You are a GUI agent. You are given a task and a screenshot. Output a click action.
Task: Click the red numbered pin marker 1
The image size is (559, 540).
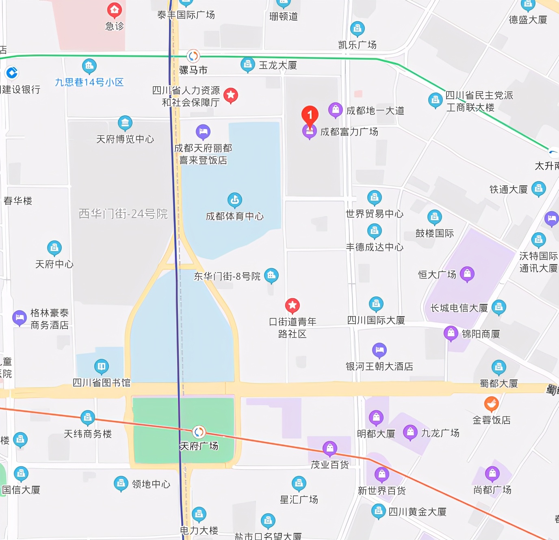point(310,115)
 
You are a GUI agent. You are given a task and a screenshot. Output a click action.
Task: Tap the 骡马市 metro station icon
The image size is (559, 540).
point(193,56)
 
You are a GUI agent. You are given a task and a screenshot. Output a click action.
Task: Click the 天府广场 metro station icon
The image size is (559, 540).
point(198,432)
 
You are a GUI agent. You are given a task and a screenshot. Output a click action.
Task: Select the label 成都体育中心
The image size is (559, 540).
point(234,216)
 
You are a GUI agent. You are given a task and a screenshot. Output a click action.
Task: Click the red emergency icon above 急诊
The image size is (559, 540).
point(114,10)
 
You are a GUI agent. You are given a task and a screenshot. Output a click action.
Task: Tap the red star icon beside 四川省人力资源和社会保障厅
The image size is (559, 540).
point(231,95)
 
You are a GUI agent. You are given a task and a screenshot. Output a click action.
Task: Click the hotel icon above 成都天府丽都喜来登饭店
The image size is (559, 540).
point(203,132)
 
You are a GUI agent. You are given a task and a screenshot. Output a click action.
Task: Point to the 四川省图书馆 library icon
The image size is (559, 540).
point(101,366)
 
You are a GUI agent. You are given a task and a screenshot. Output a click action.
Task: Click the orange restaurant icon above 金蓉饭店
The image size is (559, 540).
point(491,404)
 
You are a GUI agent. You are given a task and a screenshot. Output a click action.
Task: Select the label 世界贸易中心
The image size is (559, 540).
point(374,214)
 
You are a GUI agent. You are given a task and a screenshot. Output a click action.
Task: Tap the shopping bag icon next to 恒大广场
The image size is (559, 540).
point(467,274)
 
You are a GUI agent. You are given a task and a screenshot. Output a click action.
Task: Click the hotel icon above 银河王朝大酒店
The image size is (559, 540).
point(379,350)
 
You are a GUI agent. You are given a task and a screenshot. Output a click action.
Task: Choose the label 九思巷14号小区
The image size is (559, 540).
point(89,82)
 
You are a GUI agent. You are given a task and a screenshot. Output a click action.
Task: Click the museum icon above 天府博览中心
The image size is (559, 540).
point(125,123)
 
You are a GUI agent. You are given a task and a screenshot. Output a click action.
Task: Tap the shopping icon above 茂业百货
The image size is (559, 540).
point(329,448)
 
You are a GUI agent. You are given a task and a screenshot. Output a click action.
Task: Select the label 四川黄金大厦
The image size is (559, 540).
point(417,512)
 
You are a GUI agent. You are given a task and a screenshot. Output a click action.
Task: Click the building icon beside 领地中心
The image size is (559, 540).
point(121,483)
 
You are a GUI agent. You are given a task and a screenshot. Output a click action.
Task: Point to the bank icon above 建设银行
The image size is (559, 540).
point(12,73)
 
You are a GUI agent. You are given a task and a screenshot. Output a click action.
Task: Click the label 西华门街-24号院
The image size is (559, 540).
point(123,214)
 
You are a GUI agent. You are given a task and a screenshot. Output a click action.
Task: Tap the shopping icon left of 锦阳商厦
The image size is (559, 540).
point(451,333)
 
